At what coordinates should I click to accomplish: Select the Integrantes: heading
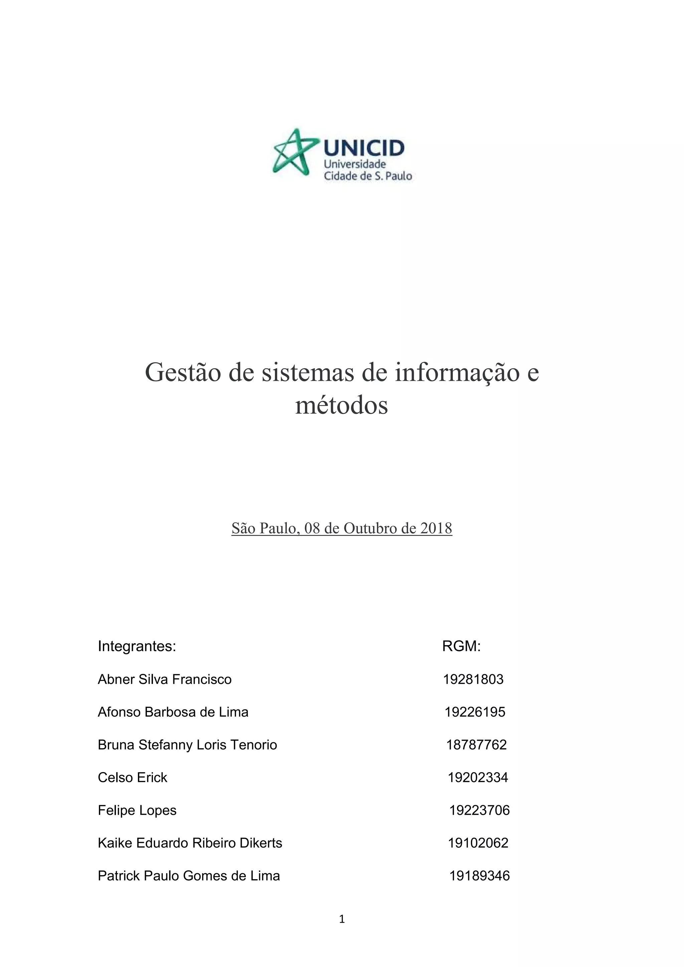point(137,646)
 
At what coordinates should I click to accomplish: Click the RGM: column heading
point(461,646)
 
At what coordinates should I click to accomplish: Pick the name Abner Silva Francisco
point(165,680)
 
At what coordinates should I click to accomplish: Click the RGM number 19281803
point(473,680)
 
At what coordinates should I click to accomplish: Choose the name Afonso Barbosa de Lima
point(173,712)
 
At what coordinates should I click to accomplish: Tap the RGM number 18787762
point(476,745)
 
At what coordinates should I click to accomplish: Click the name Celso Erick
point(132,777)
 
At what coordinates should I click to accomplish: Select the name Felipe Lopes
point(137,810)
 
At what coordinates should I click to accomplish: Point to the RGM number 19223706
point(479,810)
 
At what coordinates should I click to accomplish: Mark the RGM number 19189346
point(479,876)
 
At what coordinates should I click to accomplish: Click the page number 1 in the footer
point(342,919)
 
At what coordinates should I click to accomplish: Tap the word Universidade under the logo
point(355,164)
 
